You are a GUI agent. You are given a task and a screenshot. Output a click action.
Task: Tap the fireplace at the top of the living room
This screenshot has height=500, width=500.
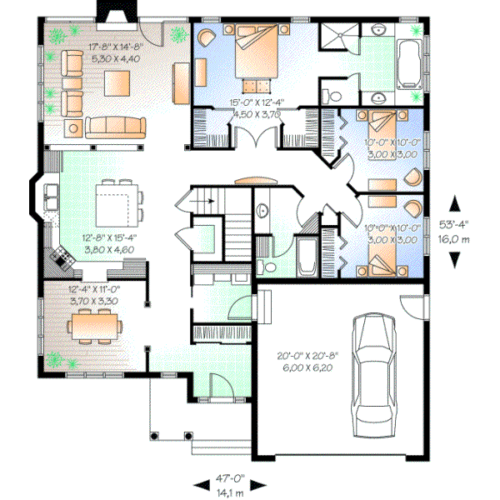[x=112, y=11]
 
